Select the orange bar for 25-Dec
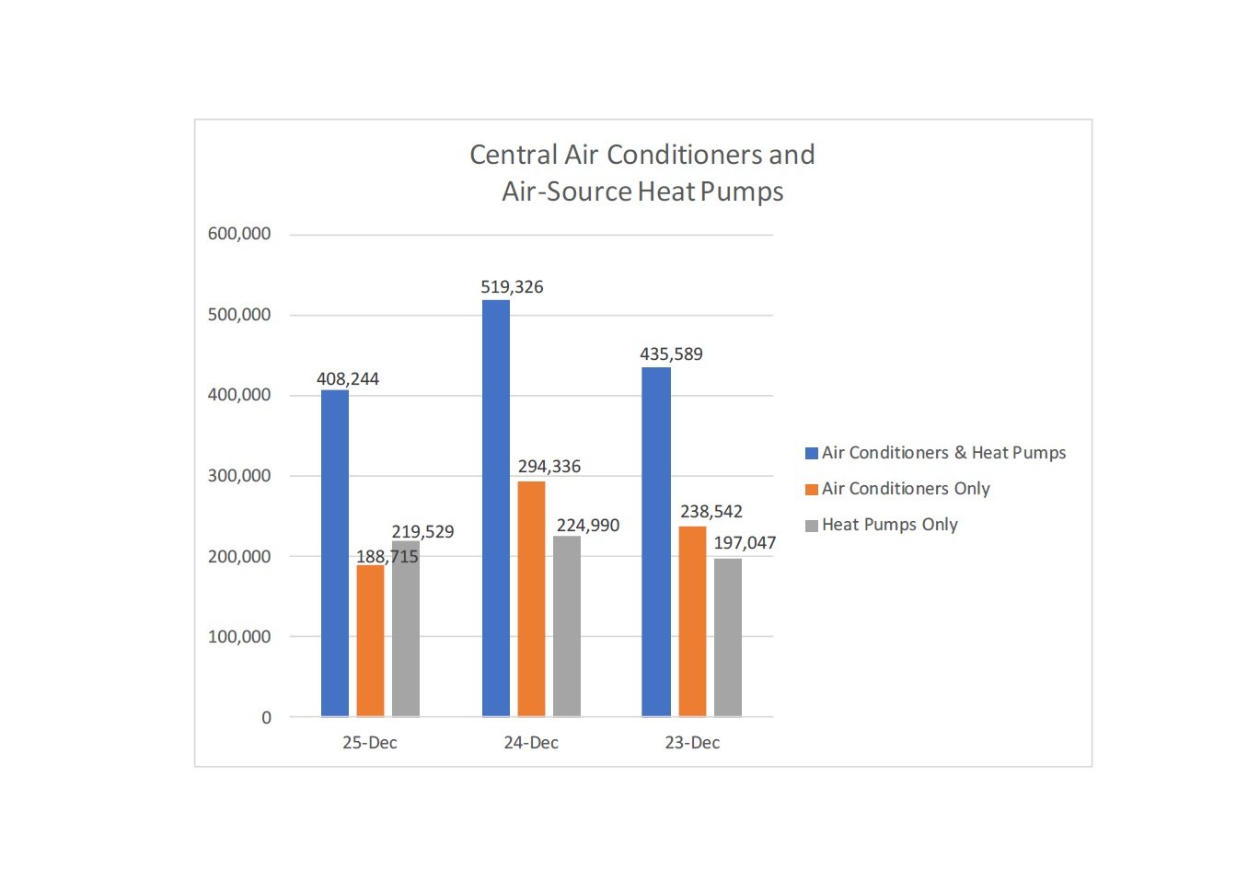370,641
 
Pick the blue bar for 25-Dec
335,553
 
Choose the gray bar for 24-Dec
567,626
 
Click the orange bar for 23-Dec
692,621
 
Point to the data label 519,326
512,287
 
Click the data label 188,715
387,557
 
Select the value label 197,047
745,543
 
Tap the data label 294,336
549,467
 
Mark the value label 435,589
671,354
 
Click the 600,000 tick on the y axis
239,234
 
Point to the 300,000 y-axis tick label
239,476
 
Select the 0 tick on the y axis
267,718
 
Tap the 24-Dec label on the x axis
531,743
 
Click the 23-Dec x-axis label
692,743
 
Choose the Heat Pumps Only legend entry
889,525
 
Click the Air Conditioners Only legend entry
906,489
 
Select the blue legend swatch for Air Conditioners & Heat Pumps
812,453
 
